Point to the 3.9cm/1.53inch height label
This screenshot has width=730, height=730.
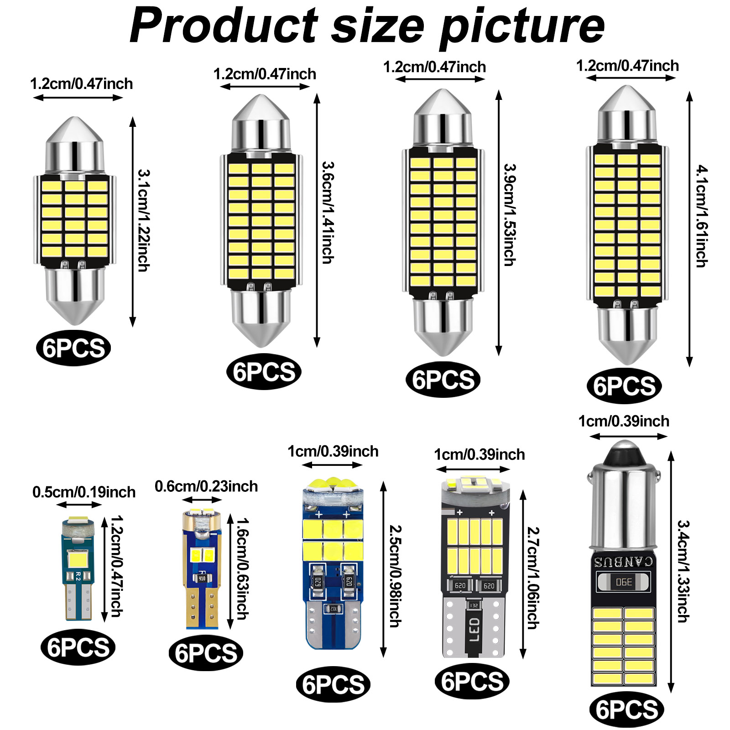510,214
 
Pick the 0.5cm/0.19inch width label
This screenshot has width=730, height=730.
84,492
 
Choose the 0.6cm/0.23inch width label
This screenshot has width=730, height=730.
206,486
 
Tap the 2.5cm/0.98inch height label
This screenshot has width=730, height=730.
395,576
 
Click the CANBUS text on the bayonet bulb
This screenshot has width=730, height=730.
623,562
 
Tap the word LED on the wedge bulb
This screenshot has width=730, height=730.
474,630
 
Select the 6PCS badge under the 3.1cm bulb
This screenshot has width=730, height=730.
73,348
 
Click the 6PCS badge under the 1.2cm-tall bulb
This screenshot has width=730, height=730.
78,647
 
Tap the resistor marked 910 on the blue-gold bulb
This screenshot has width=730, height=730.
202,578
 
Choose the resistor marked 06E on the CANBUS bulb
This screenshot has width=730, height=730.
624,582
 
